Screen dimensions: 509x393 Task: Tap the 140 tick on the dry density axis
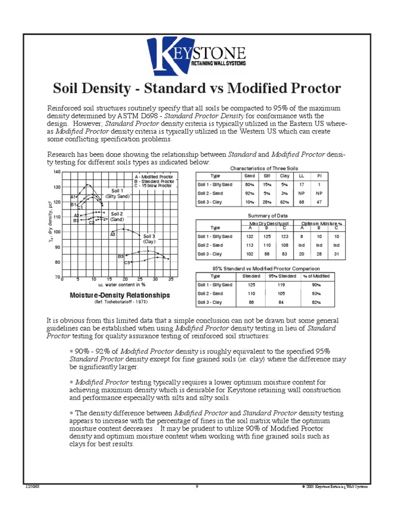[x=57, y=172]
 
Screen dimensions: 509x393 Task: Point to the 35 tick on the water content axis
[x=170, y=280]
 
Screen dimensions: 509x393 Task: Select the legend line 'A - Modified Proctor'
[x=154, y=177]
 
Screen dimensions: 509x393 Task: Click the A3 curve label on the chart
[x=113, y=234]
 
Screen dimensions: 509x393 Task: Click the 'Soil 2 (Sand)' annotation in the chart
[x=117, y=216]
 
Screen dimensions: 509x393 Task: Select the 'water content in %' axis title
[x=122, y=285]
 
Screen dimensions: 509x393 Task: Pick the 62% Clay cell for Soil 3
[x=286, y=202]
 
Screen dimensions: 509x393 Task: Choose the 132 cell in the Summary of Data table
[x=250, y=237]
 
